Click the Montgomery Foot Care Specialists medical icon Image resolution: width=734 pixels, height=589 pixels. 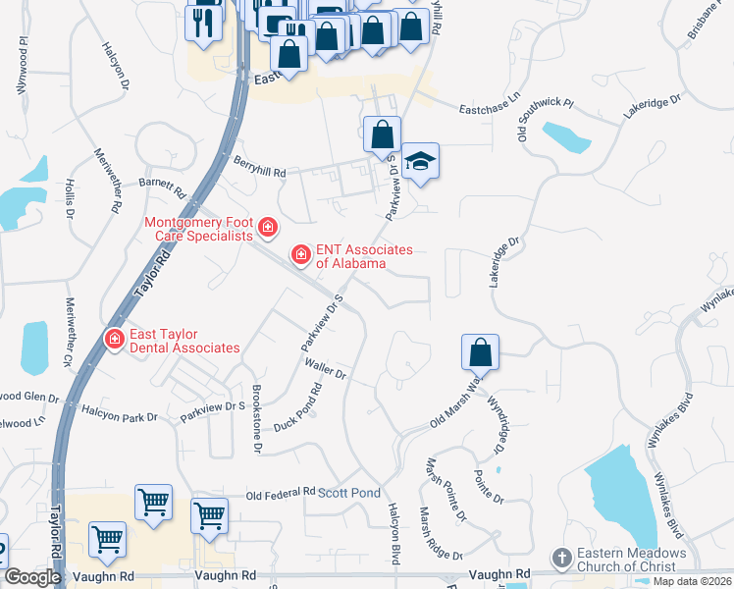tap(267, 230)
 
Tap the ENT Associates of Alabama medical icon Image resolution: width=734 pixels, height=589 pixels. tap(301, 256)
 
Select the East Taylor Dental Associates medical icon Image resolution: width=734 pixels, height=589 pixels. tap(114, 340)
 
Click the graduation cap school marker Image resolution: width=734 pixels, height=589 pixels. tap(420, 161)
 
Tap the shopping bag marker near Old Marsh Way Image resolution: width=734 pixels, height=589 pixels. tap(480, 351)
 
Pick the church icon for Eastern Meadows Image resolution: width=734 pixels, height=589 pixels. tap(560, 559)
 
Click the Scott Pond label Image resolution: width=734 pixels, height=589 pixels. tap(348, 492)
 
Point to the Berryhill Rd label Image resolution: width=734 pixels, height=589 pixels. tap(258, 168)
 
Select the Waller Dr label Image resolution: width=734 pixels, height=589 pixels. tap(327, 369)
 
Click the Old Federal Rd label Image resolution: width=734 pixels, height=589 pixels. tap(281, 493)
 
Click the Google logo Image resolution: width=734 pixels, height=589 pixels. tap(32, 577)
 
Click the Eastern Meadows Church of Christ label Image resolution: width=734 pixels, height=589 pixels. tap(627, 560)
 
